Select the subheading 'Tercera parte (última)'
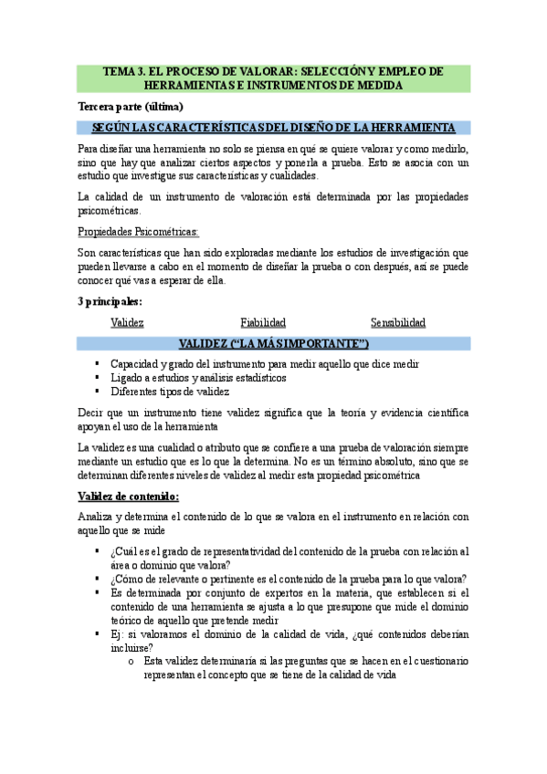pyautogui.click(x=131, y=106)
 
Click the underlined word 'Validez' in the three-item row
pyautogui.click(x=127, y=322)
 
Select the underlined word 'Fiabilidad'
pyautogui.click(x=263, y=322)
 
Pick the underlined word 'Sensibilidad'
pyautogui.click(x=397, y=322)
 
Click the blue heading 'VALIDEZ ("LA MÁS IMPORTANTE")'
pyautogui.click(x=273, y=343)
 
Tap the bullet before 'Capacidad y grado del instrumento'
pyautogui.click(x=98, y=363)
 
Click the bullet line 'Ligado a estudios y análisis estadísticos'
pyautogui.click(x=198, y=377)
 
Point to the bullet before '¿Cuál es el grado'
pyautogui.click(x=98, y=551)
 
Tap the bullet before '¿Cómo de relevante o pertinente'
pyautogui.click(x=98, y=579)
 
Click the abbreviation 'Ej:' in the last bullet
pyautogui.click(x=116, y=634)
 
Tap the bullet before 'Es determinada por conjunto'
pyautogui.click(x=98, y=592)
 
